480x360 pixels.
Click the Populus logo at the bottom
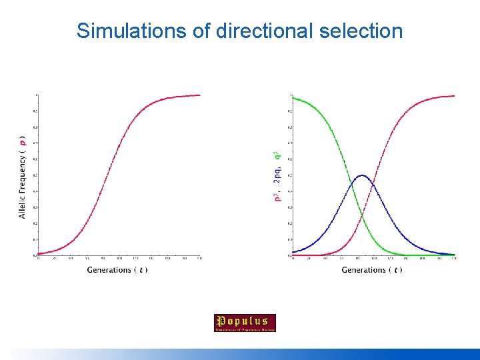pos(245,323)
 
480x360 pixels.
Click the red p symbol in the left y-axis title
pos(23,141)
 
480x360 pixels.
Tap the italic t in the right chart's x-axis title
pos(397,270)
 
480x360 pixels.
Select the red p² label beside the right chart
pos(277,195)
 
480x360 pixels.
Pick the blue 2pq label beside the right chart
pos(277,175)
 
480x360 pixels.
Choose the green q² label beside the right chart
pos(277,157)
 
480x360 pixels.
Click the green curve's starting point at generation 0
pos(293,98)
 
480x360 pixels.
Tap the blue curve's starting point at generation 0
pos(293,252)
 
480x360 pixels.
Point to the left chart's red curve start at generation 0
pos(39,253)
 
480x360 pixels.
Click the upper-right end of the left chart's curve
pos(199,95)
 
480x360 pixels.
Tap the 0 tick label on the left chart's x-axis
pos(38,259)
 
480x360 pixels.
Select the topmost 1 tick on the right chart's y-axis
pos(290,95)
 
